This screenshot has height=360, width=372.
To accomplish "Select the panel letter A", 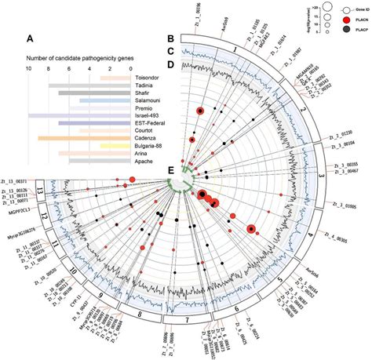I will point(29,39).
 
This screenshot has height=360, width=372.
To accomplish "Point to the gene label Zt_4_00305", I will point(341,235).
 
